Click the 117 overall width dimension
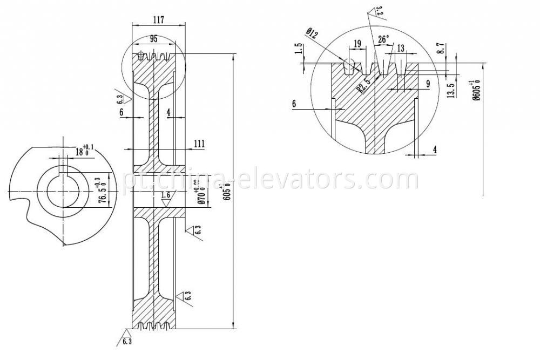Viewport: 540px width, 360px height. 158,19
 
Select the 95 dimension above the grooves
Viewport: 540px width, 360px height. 154,39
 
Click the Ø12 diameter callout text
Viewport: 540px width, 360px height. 312,34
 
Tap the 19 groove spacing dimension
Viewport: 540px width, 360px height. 357,43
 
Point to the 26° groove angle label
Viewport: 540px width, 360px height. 383,39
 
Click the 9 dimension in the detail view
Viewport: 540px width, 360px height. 427,84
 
